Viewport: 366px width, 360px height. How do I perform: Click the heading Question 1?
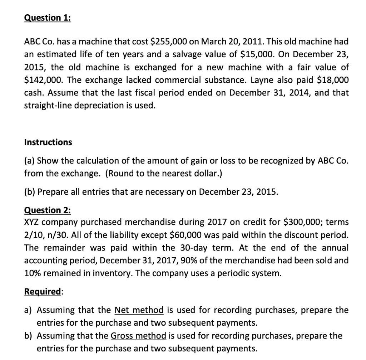[47, 18]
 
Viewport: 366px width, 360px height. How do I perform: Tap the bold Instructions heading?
[48, 142]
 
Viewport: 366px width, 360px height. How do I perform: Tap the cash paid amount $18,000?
[331, 80]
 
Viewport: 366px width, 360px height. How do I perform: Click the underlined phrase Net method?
[139, 310]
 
